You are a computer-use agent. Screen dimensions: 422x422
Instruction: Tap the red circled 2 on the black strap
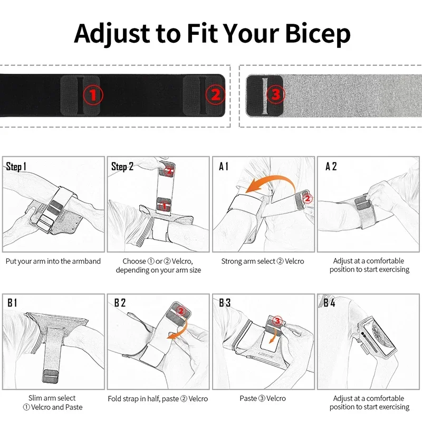click(215, 95)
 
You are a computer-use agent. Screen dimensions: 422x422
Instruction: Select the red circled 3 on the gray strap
click(275, 95)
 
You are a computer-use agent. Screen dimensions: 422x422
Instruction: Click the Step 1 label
click(16, 167)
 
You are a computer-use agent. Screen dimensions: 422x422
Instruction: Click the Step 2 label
click(122, 167)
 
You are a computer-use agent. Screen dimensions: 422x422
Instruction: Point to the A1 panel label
click(224, 167)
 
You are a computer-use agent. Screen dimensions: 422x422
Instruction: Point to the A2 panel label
click(331, 167)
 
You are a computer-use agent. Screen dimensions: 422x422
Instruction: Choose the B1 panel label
click(13, 303)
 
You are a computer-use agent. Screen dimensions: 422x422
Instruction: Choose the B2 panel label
click(120, 303)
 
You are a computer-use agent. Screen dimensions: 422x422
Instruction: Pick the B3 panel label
click(225, 303)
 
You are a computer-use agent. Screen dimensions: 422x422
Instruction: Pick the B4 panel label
click(329, 303)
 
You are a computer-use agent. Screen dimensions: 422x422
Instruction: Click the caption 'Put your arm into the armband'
click(53, 261)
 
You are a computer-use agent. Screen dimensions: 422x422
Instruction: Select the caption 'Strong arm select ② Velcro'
click(263, 261)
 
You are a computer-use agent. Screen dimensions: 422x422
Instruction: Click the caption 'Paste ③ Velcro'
click(263, 399)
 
